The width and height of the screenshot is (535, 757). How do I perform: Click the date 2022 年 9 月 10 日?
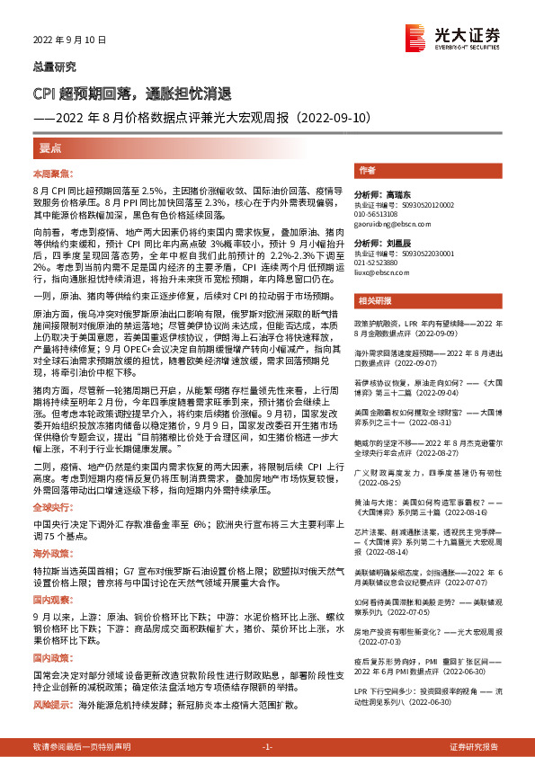69,40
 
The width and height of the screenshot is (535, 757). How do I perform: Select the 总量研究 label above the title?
54,67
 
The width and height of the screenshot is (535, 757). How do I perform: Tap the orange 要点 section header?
51,147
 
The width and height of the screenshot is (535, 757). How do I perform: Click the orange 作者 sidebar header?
367,170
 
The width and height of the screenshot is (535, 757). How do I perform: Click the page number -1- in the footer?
266,747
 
